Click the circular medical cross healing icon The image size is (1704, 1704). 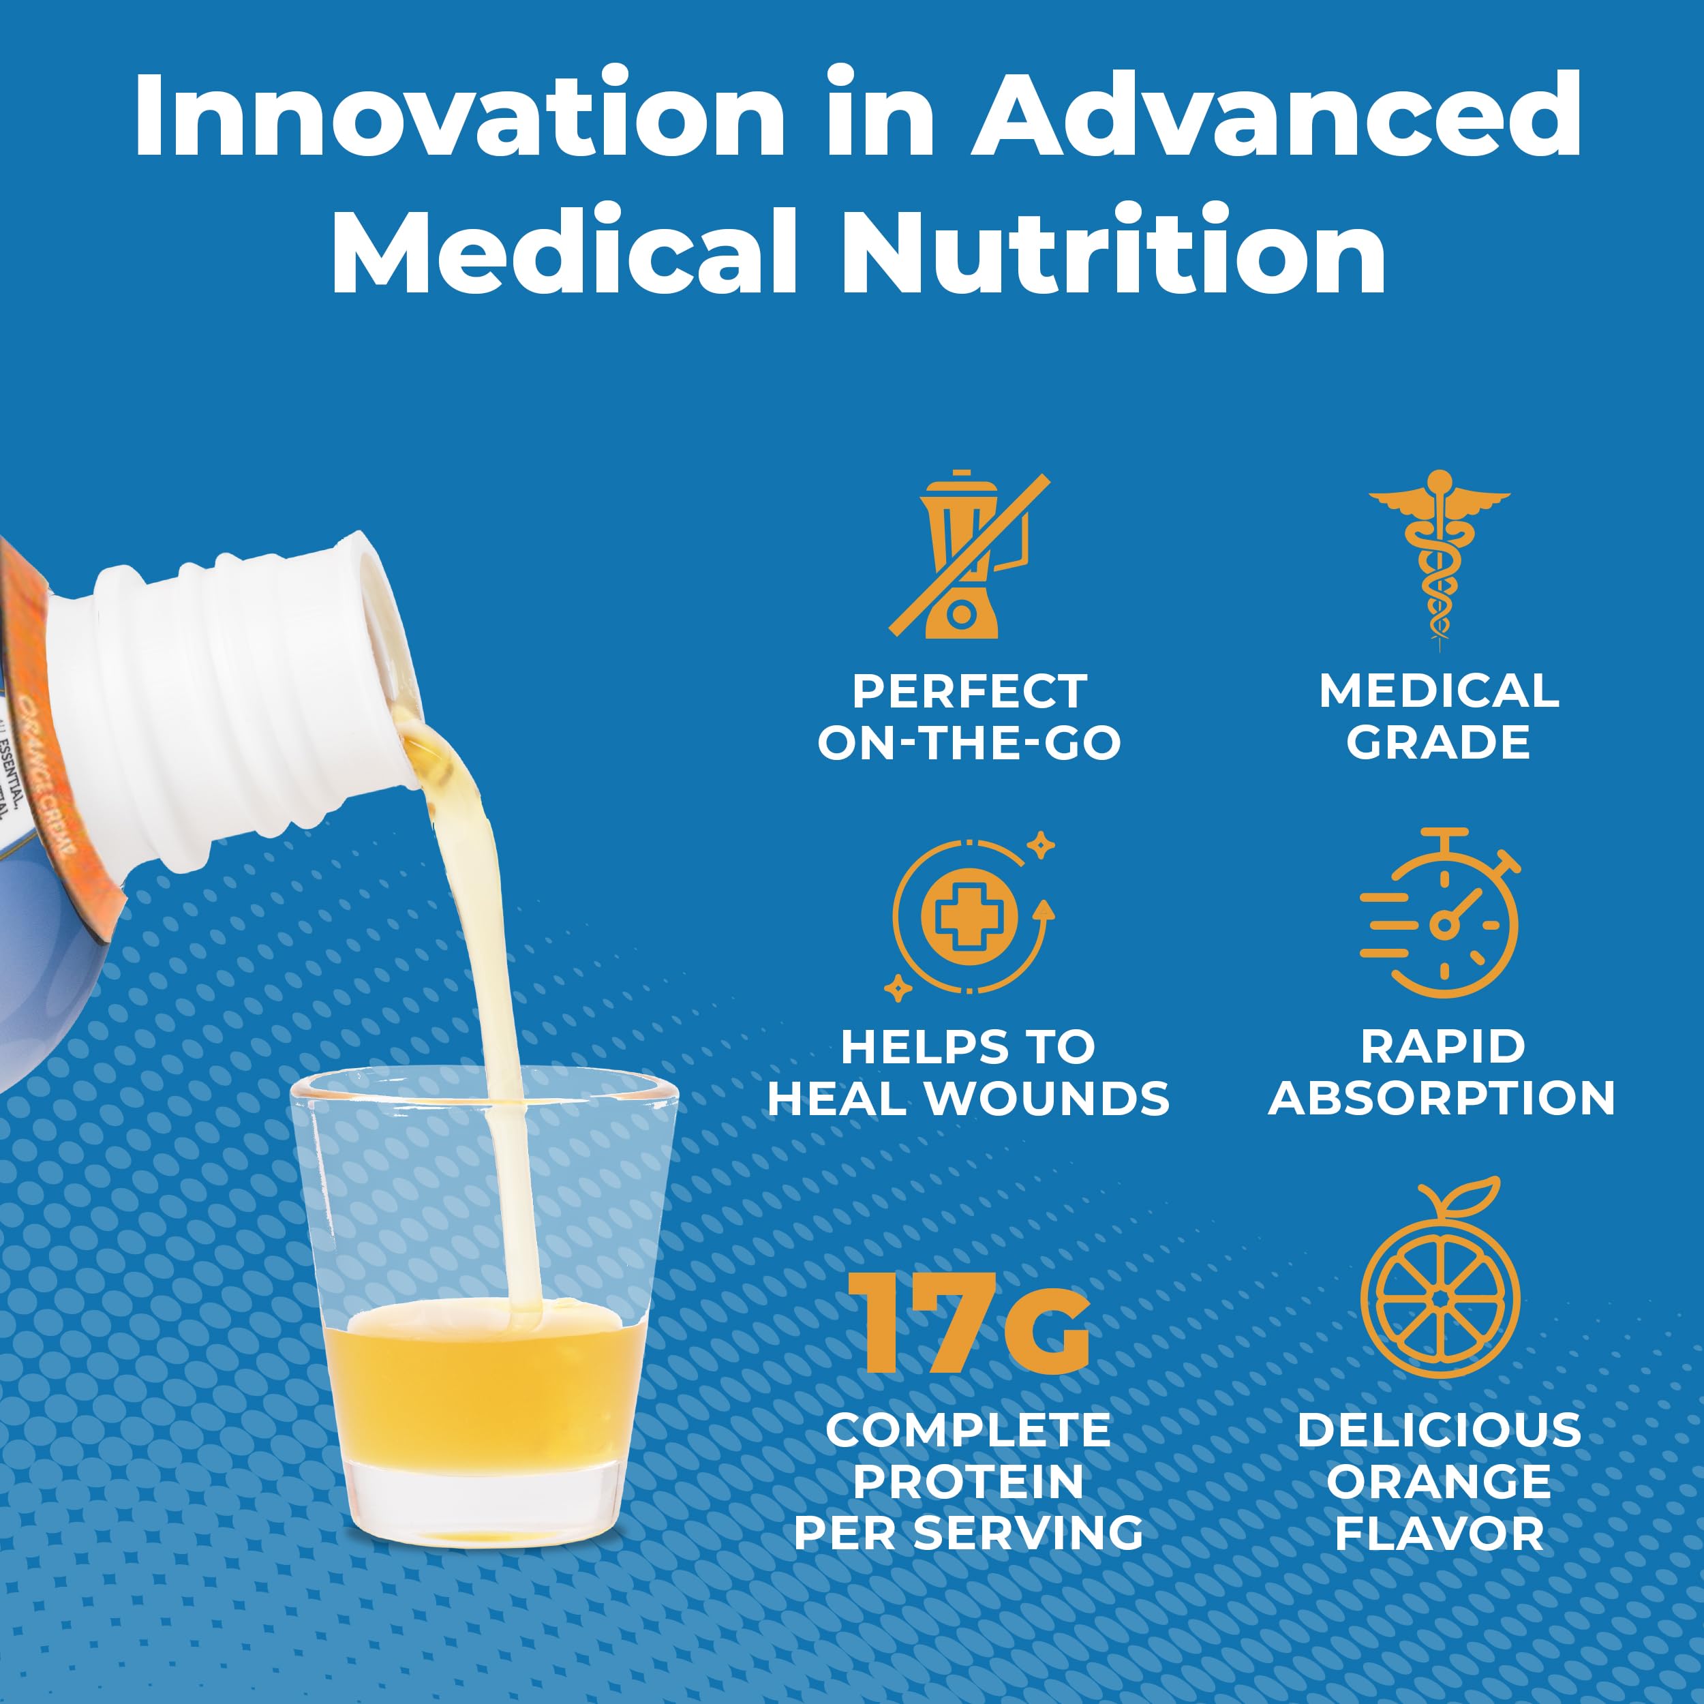[x=970, y=917]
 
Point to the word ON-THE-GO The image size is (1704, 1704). [x=969, y=744]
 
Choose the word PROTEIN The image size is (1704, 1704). [x=969, y=1481]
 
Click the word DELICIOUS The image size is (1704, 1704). [x=1439, y=1429]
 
